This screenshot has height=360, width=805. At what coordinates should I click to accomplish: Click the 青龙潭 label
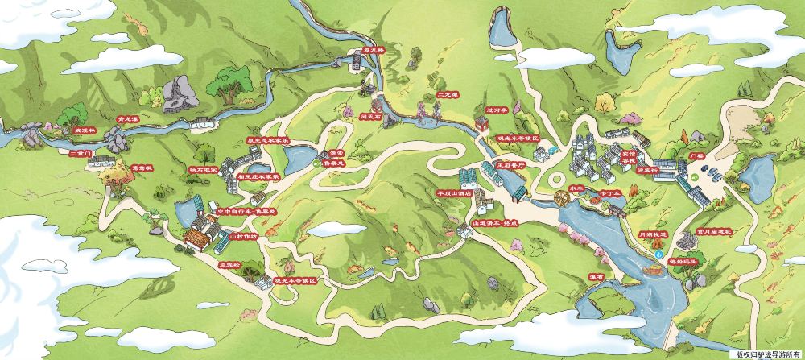[x=129, y=118]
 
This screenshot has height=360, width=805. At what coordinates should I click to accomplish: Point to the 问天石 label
[x=371, y=116]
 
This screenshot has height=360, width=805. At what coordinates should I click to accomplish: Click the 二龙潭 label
[x=447, y=95]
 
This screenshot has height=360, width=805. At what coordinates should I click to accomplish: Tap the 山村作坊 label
[x=243, y=237]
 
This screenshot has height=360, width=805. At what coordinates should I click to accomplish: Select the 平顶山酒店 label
[x=452, y=193]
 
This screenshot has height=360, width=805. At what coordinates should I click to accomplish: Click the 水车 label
[x=575, y=188]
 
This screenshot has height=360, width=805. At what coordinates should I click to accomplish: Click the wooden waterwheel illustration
[x=556, y=198]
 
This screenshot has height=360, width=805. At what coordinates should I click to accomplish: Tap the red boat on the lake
[x=654, y=272]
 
